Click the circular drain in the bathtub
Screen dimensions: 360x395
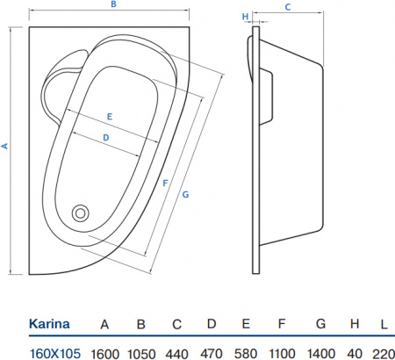click(x=81, y=212)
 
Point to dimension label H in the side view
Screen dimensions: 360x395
click(x=245, y=17)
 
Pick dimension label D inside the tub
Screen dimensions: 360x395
click(x=104, y=137)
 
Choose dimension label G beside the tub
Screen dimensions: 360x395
click(x=185, y=194)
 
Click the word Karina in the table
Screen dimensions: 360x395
click(x=50, y=325)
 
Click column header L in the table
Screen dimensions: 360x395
click(x=383, y=325)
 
